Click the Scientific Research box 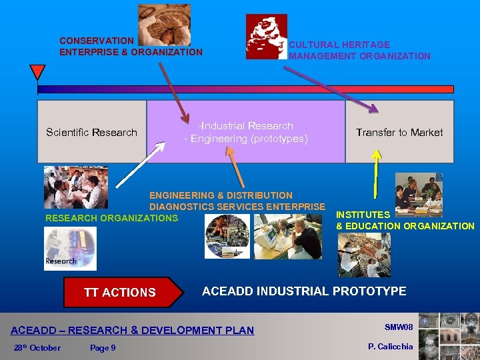(91, 132)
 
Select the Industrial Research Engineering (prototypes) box (246, 132)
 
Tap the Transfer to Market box (399, 132)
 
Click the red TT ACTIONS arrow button (123, 292)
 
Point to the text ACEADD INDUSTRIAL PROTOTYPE (303, 291)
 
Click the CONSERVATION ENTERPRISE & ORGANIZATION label (131, 46)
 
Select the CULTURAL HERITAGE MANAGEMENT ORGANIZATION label (359, 50)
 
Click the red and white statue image (266, 37)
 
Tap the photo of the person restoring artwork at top (164, 24)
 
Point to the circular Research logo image (70, 249)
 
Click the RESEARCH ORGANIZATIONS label (111, 218)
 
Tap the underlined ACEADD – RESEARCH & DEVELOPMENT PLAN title (132, 330)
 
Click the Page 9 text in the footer (102, 347)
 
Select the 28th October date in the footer (37, 347)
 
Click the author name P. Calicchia (390, 346)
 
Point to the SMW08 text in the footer (399, 327)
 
